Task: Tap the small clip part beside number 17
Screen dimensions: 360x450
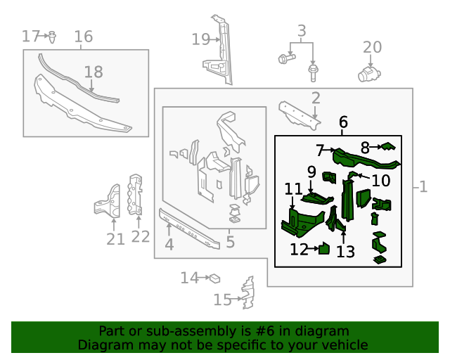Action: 52,35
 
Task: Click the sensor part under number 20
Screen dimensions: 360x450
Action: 368,73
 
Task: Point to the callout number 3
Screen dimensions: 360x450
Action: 302,31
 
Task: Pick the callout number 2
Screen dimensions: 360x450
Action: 316,98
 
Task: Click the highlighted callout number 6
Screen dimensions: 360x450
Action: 342,123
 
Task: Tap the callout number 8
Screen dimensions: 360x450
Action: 365,148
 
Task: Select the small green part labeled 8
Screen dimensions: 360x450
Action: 387,147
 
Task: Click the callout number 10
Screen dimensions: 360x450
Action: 380,181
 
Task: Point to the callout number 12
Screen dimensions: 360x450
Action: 299,249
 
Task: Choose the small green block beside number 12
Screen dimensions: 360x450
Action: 325,248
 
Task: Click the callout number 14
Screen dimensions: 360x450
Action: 189,278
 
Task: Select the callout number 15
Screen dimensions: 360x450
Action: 222,300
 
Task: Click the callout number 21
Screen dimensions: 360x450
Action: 115,239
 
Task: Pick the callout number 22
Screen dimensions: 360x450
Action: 141,236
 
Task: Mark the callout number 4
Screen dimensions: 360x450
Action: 169,245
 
